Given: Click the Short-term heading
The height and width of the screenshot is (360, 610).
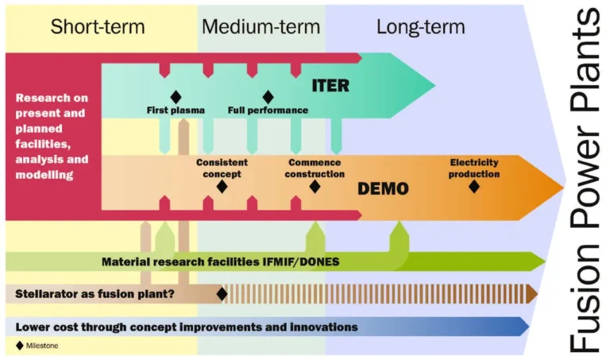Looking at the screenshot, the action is [x=98, y=27].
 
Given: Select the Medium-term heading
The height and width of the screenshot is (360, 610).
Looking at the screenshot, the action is [x=261, y=27].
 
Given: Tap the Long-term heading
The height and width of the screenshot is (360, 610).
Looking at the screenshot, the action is [x=420, y=27].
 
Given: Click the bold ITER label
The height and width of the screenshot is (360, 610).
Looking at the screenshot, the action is [x=330, y=86].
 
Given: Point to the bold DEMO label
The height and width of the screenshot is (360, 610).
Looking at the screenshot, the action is [x=383, y=189].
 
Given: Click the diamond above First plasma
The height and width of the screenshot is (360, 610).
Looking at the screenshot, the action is [x=176, y=97].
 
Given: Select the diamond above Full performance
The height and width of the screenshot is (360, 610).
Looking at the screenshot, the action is [x=268, y=97].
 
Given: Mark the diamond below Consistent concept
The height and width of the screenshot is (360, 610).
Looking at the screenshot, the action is [x=222, y=187].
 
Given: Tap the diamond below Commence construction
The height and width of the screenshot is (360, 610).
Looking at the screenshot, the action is [x=315, y=187].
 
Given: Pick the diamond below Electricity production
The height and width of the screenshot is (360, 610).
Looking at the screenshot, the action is [x=474, y=187].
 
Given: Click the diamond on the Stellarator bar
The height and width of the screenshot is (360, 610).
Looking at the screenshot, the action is [x=222, y=294].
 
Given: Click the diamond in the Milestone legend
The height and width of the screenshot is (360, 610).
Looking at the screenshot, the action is [x=19, y=346].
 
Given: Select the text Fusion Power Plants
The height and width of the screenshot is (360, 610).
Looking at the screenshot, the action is [x=585, y=180].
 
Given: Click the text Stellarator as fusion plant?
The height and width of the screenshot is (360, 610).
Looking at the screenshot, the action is [x=95, y=294].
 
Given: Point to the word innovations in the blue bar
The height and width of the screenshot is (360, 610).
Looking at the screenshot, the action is [x=324, y=327].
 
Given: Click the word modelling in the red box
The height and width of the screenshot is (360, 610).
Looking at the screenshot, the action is [x=44, y=175].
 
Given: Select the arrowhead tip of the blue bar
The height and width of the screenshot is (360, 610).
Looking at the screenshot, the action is [x=529, y=327].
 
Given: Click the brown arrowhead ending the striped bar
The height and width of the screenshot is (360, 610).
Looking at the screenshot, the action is [x=532, y=294].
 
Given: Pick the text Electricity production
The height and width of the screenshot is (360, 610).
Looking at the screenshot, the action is [x=474, y=168].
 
